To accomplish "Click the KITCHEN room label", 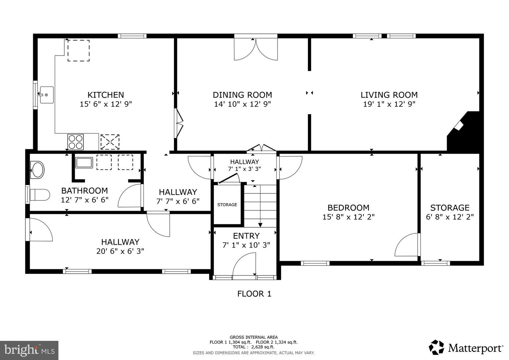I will pos(106,95).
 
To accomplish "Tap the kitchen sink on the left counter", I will pos(46,95).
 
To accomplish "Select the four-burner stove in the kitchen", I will pos(76,142).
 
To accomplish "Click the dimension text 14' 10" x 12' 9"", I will pos(242,104).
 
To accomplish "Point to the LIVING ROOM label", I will pos(389,95).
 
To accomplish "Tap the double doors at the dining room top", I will pos(256,49).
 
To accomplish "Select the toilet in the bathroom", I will pos(40,195).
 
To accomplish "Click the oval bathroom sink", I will pos(37,170).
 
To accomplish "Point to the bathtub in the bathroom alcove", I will pos(84,163).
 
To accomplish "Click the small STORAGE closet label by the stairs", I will pos(227,205).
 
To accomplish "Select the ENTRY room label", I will pos(246,236).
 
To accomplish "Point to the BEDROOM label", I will pos(348,208).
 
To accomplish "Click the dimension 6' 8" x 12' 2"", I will pos(450,217).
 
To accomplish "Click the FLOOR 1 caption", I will pos(254,294).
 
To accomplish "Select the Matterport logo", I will pos(466,348).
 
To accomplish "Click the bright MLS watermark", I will pos(29,350).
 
